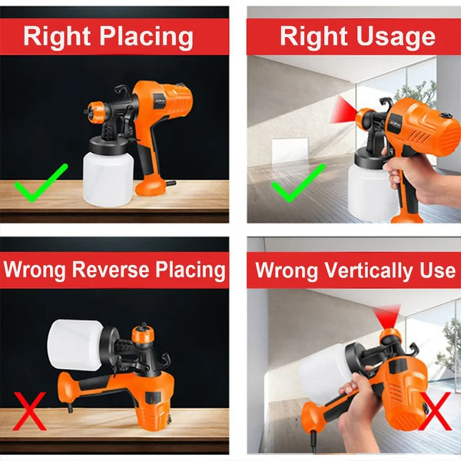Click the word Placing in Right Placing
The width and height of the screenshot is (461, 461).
point(146,37)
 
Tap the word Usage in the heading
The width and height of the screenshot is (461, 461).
point(396,37)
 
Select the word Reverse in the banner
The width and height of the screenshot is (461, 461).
point(111,269)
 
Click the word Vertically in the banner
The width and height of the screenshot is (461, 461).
point(369,270)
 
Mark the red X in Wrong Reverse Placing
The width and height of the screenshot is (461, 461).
point(29,411)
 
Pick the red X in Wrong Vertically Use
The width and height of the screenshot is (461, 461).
point(434,411)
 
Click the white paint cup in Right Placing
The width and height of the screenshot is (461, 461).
point(108,178)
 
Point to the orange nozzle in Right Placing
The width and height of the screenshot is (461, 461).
point(96,111)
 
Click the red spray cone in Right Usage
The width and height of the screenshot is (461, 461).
point(343,110)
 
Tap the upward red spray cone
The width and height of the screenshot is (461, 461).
point(386,316)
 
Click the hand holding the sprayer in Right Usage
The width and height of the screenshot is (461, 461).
point(417,176)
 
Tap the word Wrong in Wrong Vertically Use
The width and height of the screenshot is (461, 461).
point(286,270)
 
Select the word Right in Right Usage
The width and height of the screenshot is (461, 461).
point(313,36)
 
